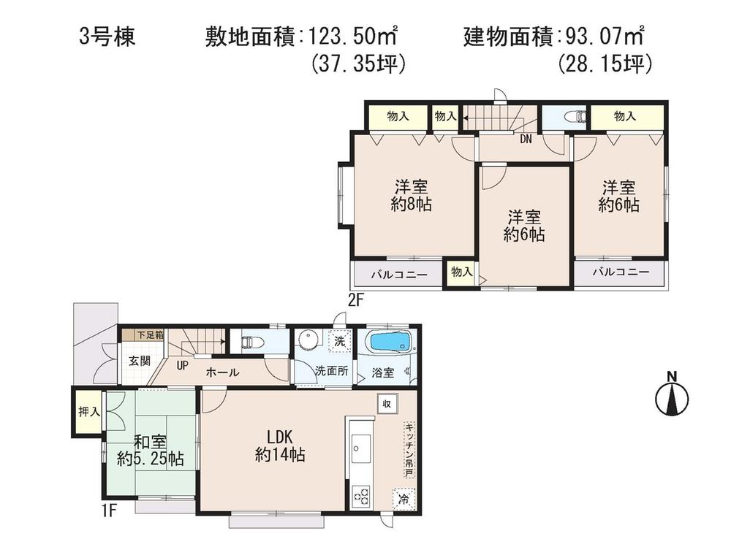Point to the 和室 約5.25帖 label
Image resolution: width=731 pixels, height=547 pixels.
pos(150,451)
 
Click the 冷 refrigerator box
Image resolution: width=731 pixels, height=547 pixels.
pos(403,499)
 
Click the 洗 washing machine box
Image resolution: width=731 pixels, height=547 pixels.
pos(341,340)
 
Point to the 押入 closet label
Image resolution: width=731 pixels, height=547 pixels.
pos(88,413)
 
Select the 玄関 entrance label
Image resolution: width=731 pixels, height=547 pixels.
pos(140,361)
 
